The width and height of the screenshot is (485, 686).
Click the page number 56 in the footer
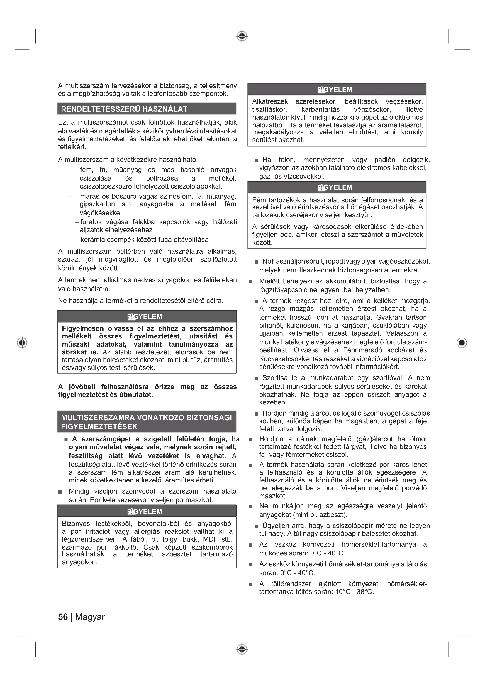[63, 617]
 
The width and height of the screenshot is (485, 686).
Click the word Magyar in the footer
[90, 617]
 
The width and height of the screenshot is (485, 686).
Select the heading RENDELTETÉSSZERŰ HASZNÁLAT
[124, 109]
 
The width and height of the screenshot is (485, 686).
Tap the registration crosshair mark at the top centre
[242, 36]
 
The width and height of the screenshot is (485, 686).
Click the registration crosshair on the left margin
[22, 342]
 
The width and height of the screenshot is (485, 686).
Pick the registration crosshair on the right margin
[462, 342]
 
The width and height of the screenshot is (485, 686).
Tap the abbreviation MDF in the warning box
[210, 540]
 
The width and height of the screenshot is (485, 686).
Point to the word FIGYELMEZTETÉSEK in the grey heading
[99, 427]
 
